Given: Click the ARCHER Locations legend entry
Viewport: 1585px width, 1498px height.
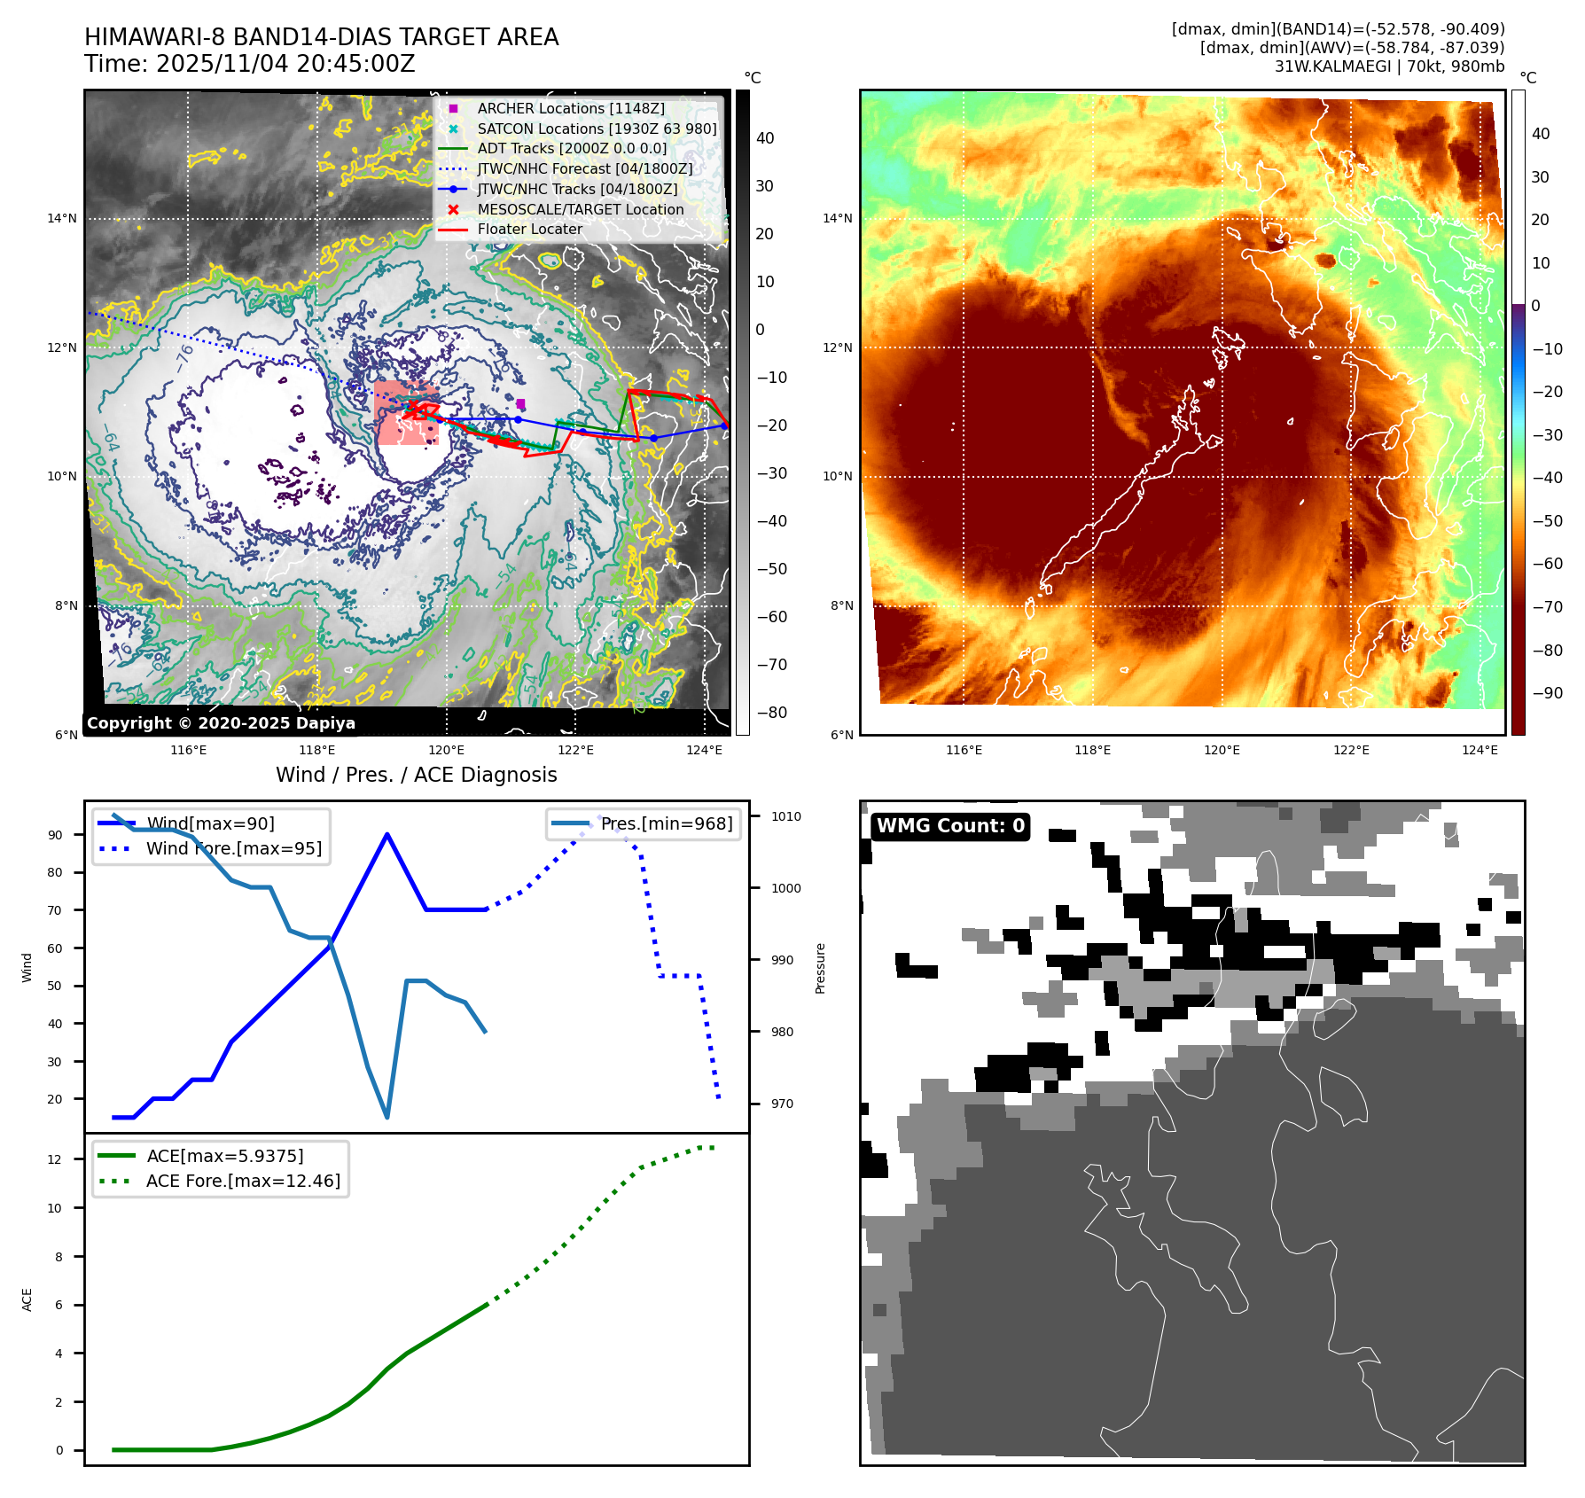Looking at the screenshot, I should [570, 108].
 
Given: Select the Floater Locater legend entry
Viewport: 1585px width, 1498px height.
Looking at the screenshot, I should [529, 229].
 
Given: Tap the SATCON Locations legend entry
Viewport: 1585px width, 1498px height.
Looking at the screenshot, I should [597, 129].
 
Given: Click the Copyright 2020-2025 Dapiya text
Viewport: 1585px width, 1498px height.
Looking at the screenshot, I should [221, 723].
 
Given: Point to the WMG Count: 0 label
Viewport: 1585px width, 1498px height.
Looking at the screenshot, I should [950, 826].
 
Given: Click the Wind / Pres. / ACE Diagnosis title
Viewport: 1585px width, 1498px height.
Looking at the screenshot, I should [416, 775].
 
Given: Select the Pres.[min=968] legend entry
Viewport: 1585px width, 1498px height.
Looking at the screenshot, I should [666, 823].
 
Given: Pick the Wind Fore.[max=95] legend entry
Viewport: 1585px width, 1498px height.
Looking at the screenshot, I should [233, 848].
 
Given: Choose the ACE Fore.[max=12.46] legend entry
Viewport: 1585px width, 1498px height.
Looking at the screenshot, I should [243, 1181].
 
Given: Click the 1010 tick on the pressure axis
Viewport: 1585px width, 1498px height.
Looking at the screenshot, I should [785, 816].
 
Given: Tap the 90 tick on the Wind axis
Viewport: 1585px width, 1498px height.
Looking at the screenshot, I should [56, 835].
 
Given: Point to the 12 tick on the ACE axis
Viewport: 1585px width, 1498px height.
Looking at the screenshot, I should [55, 1159].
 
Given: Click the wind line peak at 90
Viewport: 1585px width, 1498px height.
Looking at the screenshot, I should [387, 834].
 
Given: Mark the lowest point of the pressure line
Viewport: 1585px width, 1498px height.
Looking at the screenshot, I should [387, 1117].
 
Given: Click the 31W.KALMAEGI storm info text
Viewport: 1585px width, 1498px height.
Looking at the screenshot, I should [1389, 66].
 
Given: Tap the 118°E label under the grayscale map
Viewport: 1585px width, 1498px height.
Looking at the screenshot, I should [316, 750].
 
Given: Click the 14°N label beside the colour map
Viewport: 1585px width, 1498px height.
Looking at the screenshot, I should [838, 218].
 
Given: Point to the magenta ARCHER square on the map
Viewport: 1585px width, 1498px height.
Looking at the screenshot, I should [520, 403].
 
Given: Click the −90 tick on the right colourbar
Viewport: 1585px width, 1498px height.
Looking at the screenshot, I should [1548, 693].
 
